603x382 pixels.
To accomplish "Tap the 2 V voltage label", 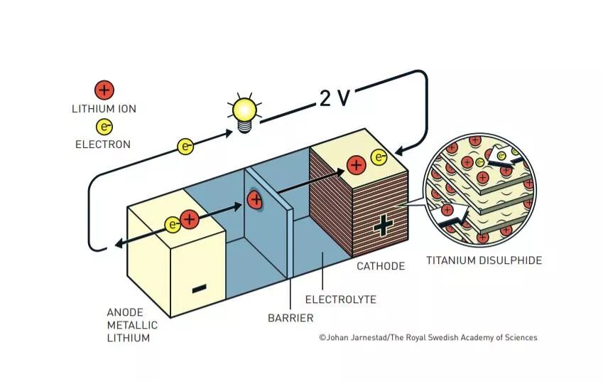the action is click(335, 98).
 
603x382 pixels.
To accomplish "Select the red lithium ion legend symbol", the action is click(104, 90).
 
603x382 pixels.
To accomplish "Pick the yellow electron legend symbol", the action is click(104, 127).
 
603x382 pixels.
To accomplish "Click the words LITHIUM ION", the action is click(104, 109).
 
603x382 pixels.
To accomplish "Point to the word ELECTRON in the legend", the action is click(103, 144).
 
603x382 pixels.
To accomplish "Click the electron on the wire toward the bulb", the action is click(185, 147).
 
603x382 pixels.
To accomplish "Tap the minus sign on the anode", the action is click(199, 288).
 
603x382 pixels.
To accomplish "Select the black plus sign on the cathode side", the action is click(384, 226).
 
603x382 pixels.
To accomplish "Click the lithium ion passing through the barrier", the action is click(255, 200).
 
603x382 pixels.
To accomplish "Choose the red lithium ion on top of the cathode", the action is click(356, 165).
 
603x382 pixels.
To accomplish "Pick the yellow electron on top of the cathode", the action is click(379, 157).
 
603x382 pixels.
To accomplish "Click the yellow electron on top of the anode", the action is click(173, 225).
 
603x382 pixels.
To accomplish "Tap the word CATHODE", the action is click(381, 266).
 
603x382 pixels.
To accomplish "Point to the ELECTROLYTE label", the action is click(341, 299).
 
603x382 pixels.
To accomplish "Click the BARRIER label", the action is click(290, 318).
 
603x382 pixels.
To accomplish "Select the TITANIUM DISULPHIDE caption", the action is click(484, 260).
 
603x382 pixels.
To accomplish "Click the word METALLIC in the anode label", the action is click(132, 325).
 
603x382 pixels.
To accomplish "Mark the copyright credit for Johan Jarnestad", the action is click(428, 338).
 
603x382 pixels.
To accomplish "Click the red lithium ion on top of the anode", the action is click(189, 219).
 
